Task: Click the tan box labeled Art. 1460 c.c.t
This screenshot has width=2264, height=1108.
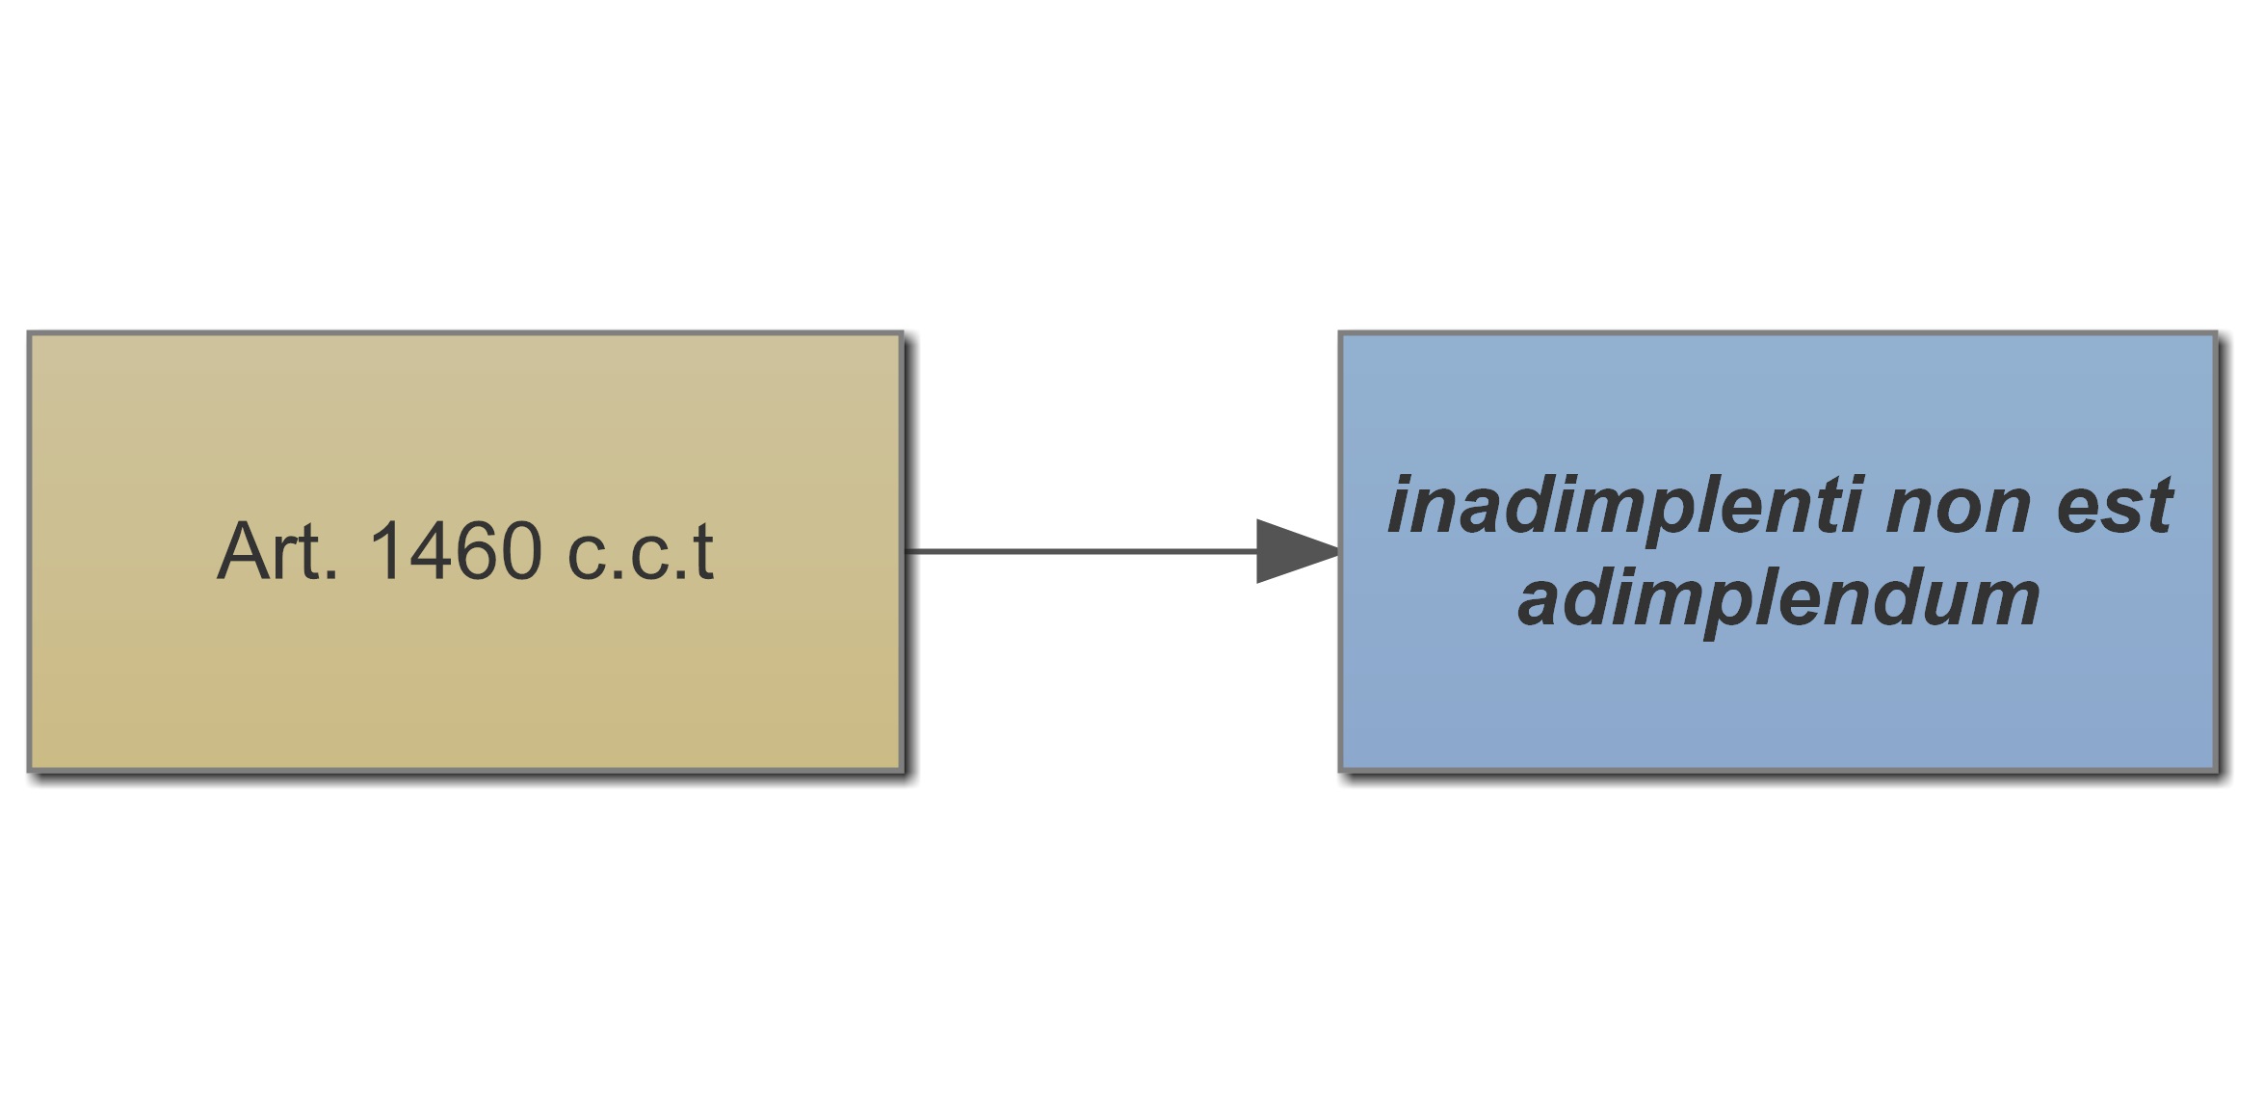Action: pyautogui.click(x=465, y=674)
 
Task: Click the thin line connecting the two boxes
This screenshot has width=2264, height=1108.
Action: pyautogui.click(x=1079, y=551)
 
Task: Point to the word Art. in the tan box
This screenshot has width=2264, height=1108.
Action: pyautogui.click(x=276, y=551)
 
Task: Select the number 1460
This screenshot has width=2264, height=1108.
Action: pyautogui.click(x=455, y=551)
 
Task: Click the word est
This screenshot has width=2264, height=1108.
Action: pyautogui.click(x=2116, y=507)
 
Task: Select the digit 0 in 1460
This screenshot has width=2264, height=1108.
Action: pyautogui.click(x=520, y=551)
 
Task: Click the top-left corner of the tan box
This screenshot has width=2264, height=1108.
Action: pyautogui.click(x=31, y=335)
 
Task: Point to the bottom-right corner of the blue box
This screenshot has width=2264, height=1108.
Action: pyautogui.click(x=2215, y=769)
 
